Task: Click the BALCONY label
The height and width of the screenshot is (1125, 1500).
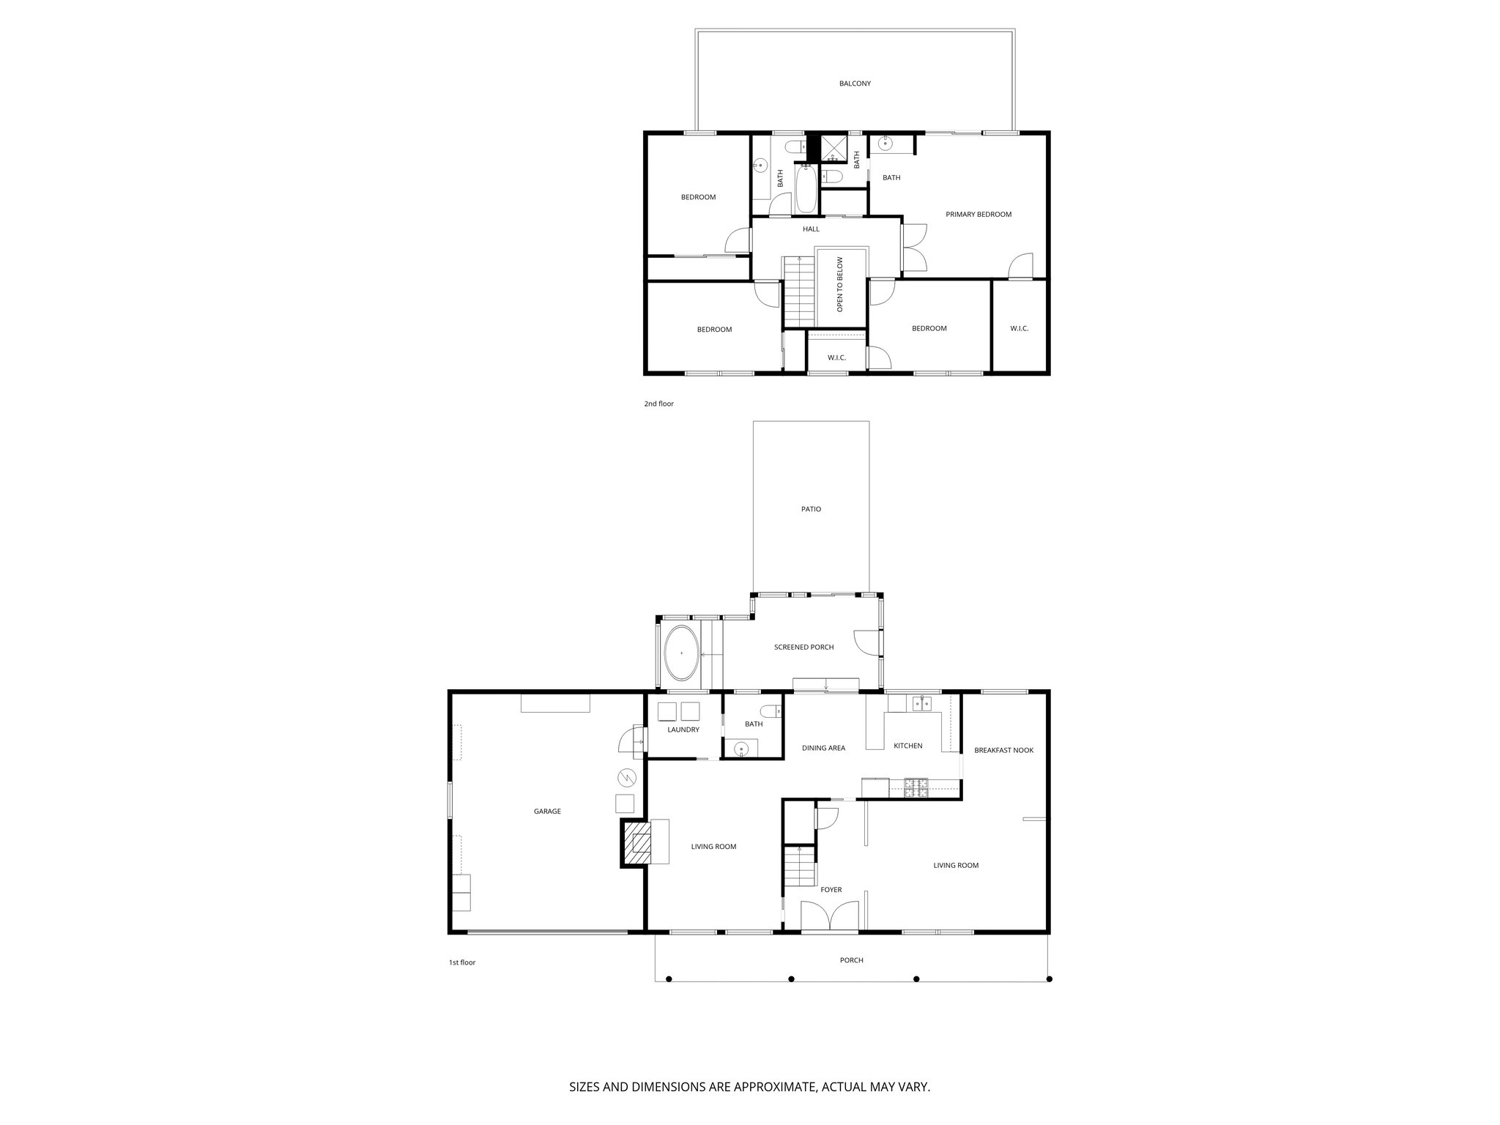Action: tap(855, 83)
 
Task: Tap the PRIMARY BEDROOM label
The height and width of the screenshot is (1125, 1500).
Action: tap(978, 215)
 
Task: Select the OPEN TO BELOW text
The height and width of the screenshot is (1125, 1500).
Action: tap(840, 284)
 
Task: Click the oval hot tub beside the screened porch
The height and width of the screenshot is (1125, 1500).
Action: tap(681, 653)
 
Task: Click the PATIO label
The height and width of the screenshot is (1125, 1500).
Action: tap(811, 509)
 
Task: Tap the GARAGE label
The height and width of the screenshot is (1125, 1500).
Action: tap(547, 812)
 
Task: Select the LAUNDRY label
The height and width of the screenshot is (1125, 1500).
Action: tap(683, 730)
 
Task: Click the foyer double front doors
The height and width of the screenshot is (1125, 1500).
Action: tap(829, 916)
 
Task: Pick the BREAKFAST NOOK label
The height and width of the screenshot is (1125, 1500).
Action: tap(1003, 750)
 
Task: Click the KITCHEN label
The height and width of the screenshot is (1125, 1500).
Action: tap(907, 746)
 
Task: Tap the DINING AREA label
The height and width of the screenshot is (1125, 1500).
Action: tap(823, 749)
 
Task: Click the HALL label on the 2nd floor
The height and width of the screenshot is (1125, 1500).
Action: tap(811, 229)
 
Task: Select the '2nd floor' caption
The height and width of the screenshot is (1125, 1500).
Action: tap(658, 404)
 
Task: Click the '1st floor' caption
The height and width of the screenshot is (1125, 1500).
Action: tap(462, 962)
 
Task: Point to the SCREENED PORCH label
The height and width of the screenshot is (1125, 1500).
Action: tap(803, 647)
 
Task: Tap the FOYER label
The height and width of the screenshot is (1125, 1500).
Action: tap(831, 890)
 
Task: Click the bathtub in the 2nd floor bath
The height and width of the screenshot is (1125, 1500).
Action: tap(805, 188)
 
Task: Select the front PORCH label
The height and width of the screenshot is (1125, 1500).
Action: tap(851, 960)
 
